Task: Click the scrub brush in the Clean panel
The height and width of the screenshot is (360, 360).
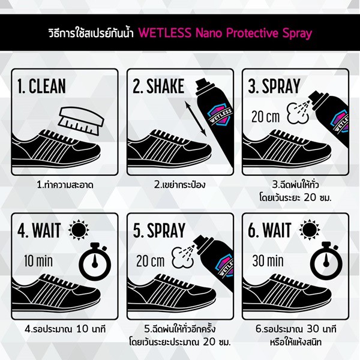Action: pos(81,121)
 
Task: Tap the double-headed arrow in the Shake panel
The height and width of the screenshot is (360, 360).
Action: pos(196,119)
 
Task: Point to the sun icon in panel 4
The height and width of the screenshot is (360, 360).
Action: pos(79,230)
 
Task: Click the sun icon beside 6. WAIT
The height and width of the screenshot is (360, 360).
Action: pos(309,230)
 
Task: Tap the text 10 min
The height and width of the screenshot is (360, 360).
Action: pos(38,261)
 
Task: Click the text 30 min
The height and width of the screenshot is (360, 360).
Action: pos(268,261)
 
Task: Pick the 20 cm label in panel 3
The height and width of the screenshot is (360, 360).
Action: pos(266,117)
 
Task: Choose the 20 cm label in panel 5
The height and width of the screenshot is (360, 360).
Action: pos(151,261)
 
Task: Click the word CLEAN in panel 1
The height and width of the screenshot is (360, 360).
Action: pos(47,86)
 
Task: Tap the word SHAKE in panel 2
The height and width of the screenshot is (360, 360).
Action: pos(166,86)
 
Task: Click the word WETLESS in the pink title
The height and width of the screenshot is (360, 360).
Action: pos(165,32)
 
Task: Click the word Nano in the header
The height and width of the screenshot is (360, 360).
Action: pos(209,33)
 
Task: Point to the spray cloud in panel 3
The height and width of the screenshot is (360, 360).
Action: pos(298,113)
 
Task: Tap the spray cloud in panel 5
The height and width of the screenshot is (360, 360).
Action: pos(182,257)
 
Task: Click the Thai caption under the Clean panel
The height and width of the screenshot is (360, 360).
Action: pos(65,185)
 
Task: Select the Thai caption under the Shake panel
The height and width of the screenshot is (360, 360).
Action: pos(180,185)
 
